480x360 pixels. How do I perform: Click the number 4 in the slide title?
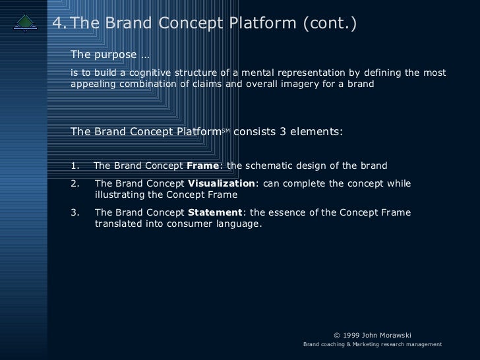tap(58, 24)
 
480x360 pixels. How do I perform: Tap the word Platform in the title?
tap(258, 24)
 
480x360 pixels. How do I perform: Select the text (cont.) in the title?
tap(330, 24)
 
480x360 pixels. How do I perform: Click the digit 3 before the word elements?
tap(283, 131)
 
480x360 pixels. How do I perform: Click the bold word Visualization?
tap(221, 183)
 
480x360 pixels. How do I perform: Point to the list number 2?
tap(74, 183)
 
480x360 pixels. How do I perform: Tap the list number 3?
tap(74, 212)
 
